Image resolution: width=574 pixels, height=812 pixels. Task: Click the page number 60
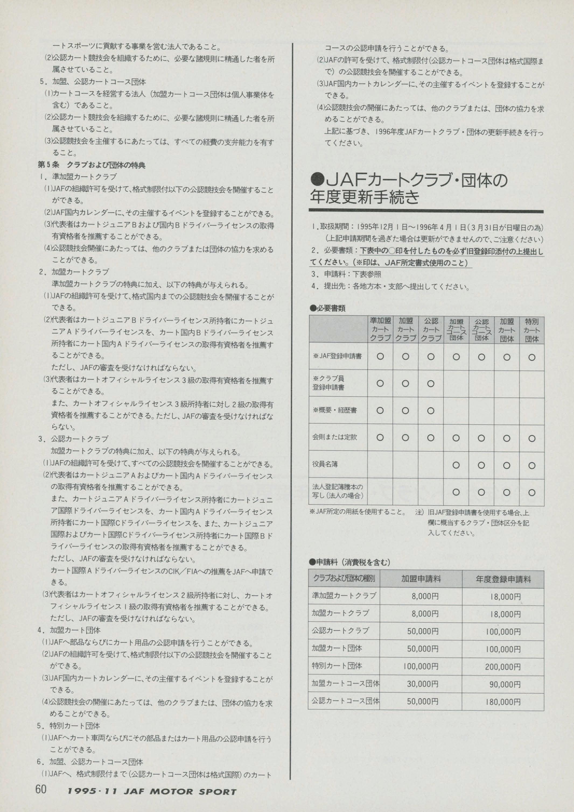(x=41, y=789)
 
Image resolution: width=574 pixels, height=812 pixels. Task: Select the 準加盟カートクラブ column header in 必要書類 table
(x=380, y=329)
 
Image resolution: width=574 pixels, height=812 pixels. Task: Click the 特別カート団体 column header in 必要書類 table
(x=531, y=329)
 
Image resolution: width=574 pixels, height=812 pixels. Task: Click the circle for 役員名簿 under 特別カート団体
(x=531, y=465)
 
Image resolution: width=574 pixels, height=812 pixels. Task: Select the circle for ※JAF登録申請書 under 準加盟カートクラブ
(x=380, y=357)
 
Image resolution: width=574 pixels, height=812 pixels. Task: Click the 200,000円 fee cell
(x=503, y=667)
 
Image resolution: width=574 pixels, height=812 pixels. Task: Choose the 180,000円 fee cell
(x=503, y=701)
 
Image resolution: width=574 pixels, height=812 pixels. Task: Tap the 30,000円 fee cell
(x=422, y=684)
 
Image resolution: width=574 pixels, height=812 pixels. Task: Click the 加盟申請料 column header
(x=421, y=579)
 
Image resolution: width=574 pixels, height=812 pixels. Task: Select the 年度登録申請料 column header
(x=503, y=579)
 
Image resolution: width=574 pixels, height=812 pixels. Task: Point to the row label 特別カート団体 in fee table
(x=337, y=666)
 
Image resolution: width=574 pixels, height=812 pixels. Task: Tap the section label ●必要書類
(x=328, y=308)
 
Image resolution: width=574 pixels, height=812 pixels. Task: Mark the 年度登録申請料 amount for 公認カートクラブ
(x=503, y=632)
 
